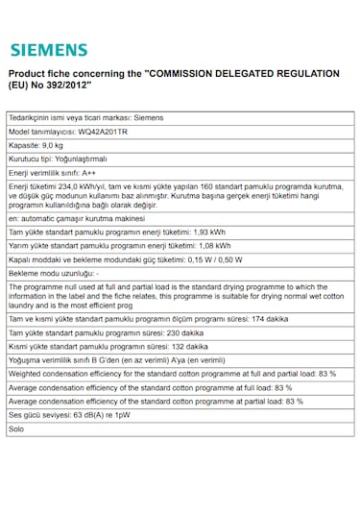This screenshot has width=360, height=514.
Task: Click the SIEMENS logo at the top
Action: (48, 50)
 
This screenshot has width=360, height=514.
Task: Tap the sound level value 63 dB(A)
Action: (95, 414)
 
